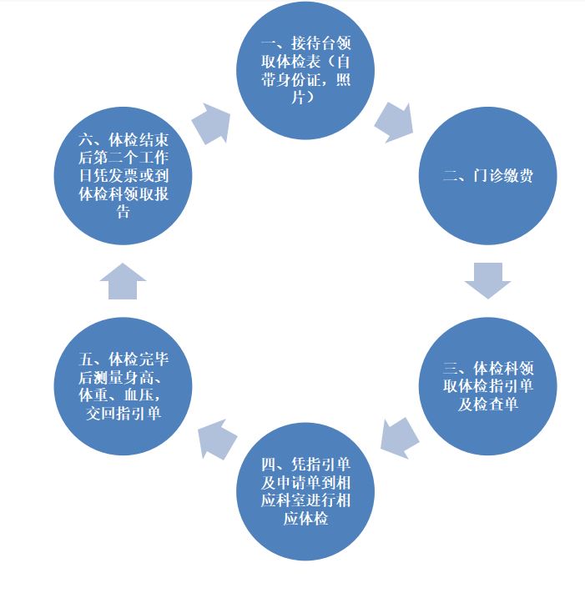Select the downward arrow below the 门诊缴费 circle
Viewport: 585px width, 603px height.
click(487, 280)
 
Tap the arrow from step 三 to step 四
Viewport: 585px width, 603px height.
click(399, 438)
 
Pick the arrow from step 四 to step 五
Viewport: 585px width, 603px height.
click(216, 440)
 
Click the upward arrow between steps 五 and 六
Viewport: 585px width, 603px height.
click(123, 281)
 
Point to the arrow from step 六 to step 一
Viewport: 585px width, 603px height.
click(212, 123)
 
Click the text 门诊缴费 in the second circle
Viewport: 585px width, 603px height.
click(503, 176)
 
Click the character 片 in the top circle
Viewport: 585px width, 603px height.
click(298, 98)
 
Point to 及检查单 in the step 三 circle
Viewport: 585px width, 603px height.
click(487, 405)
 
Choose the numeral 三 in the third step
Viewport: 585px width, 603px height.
click(450, 368)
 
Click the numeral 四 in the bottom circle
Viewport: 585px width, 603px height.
click(268, 465)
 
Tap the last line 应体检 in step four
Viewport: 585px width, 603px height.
click(305, 519)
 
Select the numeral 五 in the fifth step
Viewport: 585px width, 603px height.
click(85, 359)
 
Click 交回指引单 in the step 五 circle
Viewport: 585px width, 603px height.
click(124, 414)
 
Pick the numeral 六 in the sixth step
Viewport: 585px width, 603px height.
click(85, 139)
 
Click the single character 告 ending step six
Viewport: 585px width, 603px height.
click(124, 212)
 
